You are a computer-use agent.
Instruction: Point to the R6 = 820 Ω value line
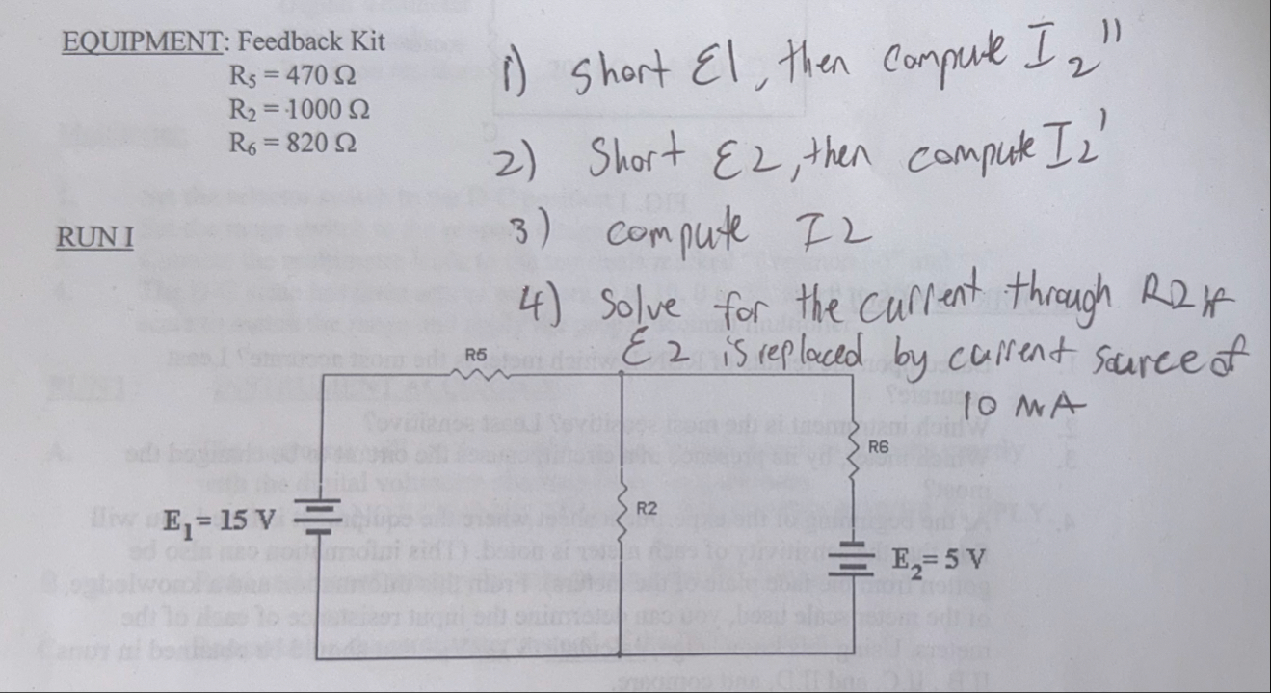point(290,145)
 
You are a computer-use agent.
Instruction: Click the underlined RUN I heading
point(95,238)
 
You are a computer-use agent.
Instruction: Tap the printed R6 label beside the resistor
point(877,446)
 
